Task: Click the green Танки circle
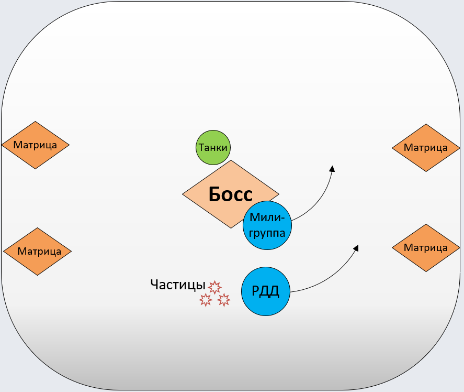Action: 213,147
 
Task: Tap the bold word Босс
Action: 230,194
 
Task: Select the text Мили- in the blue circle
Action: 267,217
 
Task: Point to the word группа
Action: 267,233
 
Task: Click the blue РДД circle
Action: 266,291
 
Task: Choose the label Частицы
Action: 177,285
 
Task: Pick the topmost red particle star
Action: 214,287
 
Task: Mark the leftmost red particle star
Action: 205,300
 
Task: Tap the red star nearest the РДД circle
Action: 224,300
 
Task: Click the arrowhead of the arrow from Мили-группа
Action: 332,168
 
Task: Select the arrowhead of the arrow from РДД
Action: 356,247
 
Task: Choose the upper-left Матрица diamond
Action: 36,145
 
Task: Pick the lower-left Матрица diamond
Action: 38,252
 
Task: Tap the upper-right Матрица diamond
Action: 426,148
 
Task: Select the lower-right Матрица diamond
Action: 426,248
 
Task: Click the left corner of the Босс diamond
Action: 184,194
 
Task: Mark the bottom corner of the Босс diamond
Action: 231,227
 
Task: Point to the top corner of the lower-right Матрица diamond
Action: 426,225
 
